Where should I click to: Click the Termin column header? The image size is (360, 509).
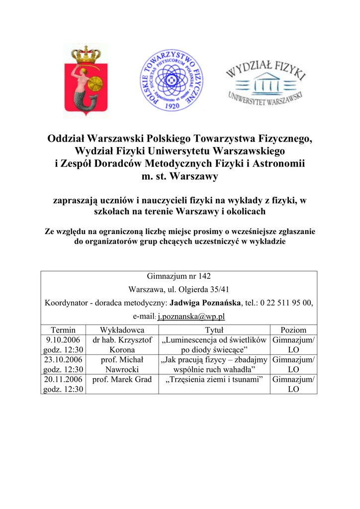(x=63, y=330)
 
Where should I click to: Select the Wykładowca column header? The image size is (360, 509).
(x=122, y=330)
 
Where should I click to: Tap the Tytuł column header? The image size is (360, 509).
(x=214, y=330)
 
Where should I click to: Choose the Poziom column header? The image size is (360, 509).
(x=293, y=330)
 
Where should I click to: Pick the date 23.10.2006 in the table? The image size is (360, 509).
(x=63, y=360)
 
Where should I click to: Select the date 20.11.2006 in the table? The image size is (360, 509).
(x=63, y=379)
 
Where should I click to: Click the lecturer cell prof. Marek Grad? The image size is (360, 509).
(x=122, y=380)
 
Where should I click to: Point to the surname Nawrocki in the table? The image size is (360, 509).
(x=122, y=370)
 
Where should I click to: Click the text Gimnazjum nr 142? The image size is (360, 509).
(x=179, y=276)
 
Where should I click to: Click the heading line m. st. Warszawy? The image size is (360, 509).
(x=180, y=176)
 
